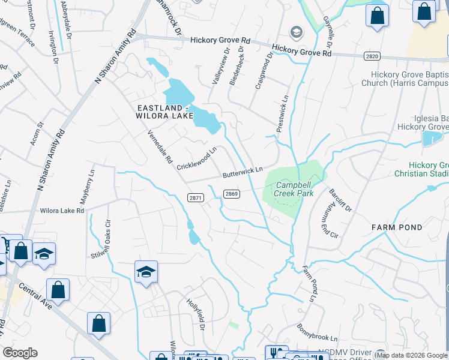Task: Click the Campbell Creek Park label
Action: (286, 190)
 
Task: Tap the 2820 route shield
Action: (372, 56)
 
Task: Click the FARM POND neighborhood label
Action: (397, 227)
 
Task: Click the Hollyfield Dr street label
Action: (196, 314)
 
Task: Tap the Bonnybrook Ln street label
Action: (317, 336)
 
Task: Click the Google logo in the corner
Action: (20, 353)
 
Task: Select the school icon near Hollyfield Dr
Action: (146, 272)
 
